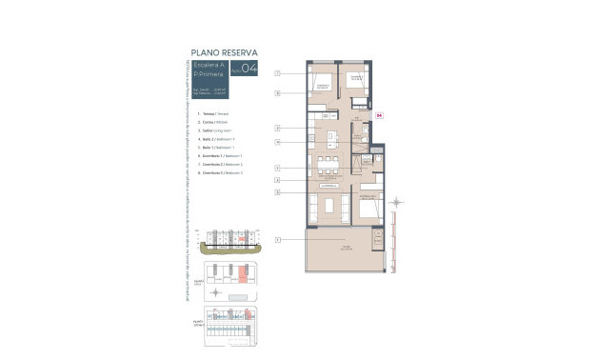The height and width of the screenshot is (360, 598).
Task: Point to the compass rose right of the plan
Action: click(398, 201)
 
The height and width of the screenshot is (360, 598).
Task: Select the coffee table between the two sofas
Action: click(329, 206)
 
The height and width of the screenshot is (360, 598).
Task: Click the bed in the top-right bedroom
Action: click(355, 80)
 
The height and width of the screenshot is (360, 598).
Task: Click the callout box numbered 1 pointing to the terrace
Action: click(277, 239)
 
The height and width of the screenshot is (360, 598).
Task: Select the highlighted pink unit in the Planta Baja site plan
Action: click(242, 274)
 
